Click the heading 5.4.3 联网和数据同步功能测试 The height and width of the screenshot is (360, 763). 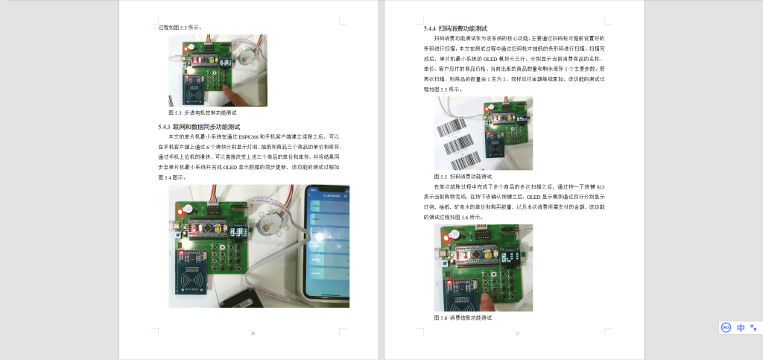tap(199, 127)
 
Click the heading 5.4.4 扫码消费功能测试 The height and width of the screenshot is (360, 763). tap(452, 28)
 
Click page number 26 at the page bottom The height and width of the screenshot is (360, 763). tap(253, 333)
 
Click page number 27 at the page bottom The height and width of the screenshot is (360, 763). tap(518, 333)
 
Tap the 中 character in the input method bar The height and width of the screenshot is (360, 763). tap(741, 327)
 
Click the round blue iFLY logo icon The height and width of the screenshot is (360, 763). tap(726, 327)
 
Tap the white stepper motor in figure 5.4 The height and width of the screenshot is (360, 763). tap(264, 223)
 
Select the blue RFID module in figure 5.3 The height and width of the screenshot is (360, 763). tap(195, 92)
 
